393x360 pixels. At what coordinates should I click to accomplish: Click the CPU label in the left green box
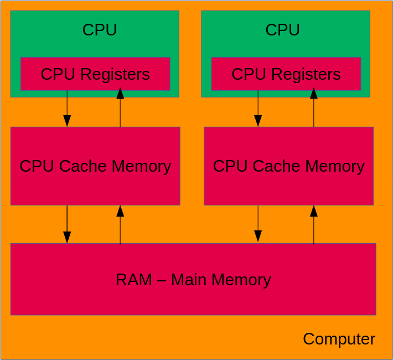[x=100, y=30]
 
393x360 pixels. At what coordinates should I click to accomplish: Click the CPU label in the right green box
[x=282, y=30]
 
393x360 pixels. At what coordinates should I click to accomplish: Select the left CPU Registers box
[x=95, y=74]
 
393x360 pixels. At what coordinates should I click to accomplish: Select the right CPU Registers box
[x=286, y=74]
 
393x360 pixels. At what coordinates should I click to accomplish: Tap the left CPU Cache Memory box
[x=95, y=166]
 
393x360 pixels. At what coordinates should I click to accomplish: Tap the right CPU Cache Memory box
[x=288, y=166]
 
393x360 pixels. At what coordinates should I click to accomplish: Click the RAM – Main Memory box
[x=193, y=279]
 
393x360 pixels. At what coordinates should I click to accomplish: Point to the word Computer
[x=339, y=339]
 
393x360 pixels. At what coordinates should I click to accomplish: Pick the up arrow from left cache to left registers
[x=120, y=109]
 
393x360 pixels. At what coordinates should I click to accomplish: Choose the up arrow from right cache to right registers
[x=314, y=109]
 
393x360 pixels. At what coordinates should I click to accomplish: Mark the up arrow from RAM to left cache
[x=120, y=224]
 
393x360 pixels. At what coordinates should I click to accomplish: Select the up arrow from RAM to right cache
[x=314, y=224]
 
